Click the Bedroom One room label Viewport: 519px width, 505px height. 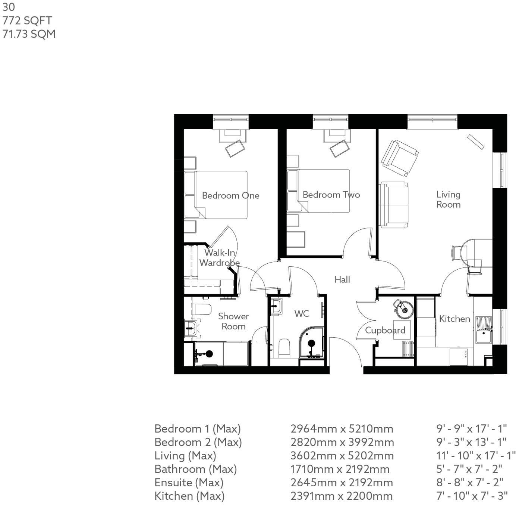pos(230,195)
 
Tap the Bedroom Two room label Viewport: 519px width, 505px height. pos(331,195)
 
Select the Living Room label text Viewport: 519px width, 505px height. pos(448,199)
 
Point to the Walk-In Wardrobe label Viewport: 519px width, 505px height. pos(219,257)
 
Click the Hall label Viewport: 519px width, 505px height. pos(342,279)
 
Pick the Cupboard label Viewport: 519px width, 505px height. pos(385,330)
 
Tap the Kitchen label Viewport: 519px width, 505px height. pos(454,319)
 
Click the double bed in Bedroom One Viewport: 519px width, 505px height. pos(220,195)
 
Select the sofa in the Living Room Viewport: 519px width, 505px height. pos(394,205)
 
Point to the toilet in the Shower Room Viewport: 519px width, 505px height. pos(202,309)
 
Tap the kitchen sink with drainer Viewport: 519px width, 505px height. pos(484,330)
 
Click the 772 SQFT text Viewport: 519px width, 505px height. pos(27,21)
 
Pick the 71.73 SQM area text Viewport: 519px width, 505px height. pos(29,34)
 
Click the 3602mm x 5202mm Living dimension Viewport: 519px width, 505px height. pos(342,456)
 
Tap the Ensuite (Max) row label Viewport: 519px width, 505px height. pos(189,483)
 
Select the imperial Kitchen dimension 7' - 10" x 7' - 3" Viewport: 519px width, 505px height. pos(472,496)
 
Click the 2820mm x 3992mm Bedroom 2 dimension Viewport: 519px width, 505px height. pos(342,442)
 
